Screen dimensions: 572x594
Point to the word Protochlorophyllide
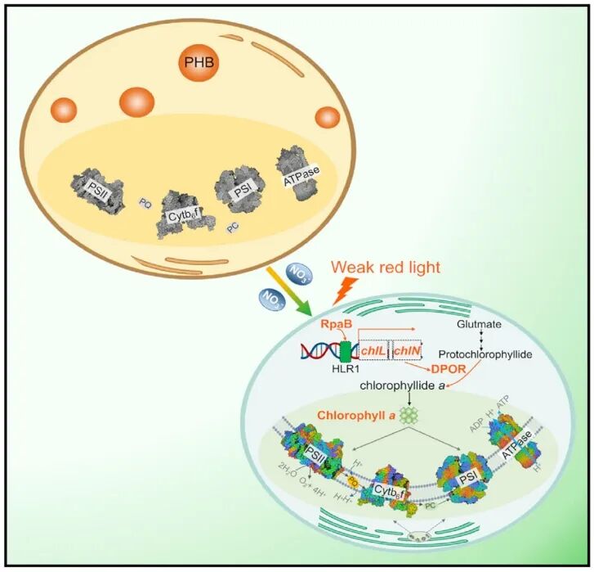click(485, 355)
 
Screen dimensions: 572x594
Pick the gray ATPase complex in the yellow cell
click(297, 173)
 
